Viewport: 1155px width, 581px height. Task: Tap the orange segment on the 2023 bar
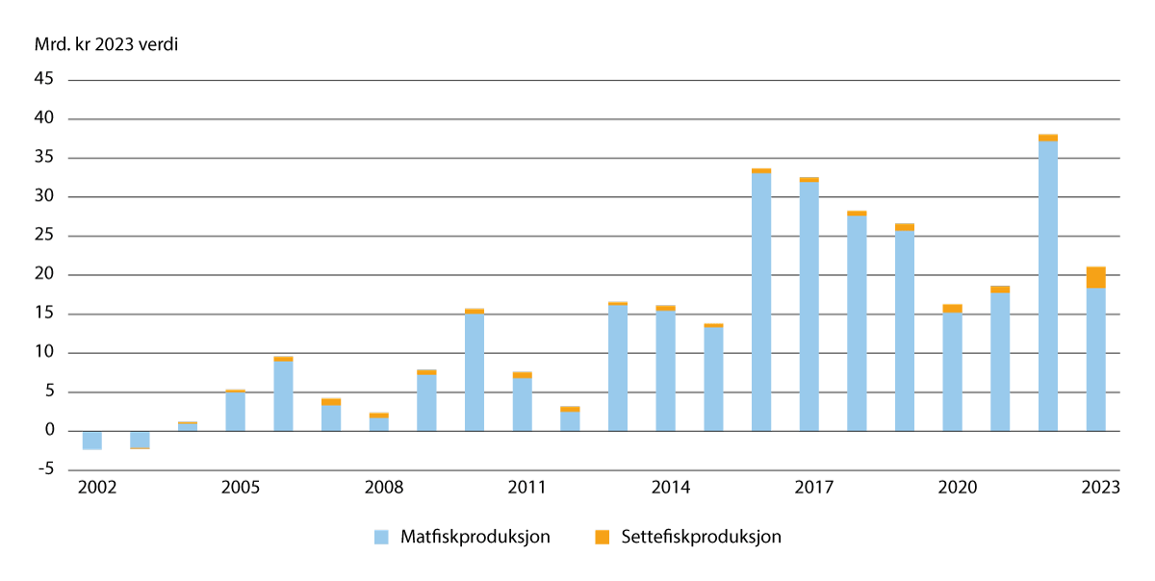pyautogui.click(x=1095, y=278)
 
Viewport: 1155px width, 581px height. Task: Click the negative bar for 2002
pyautogui.click(x=91, y=440)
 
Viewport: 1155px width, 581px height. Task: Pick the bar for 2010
pyautogui.click(x=474, y=373)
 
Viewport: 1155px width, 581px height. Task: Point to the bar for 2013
pyautogui.click(x=617, y=368)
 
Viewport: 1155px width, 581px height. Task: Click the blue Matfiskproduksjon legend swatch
pyautogui.click(x=382, y=538)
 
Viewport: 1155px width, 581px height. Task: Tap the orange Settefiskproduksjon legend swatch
pyautogui.click(x=603, y=538)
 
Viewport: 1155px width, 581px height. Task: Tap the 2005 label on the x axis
pyautogui.click(x=241, y=488)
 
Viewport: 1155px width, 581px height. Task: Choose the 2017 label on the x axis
pyautogui.click(x=813, y=488)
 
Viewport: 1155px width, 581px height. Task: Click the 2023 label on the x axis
pyautogui.click(x=1100, y=488)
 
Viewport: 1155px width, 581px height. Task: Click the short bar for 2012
pyautogui.click(x=570, y=420)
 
